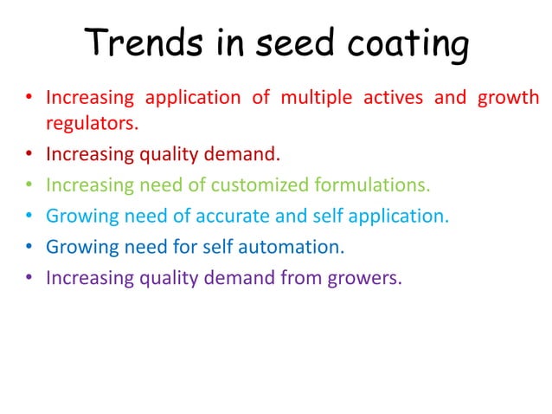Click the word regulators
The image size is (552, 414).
click(x=90, y=124)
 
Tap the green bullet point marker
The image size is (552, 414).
click(x=29, y=185)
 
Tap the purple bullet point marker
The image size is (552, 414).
click(x=29, y=278)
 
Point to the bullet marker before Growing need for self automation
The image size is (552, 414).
click(x=29, y=247)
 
